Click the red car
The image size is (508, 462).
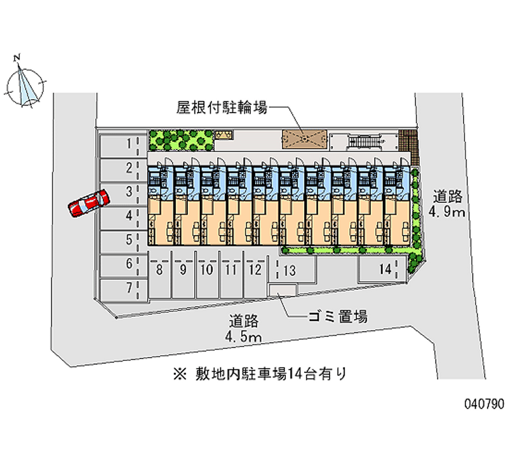[x=88, y=203]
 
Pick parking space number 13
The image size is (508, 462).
[x=291, y=271]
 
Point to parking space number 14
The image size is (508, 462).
[x=381, y=269]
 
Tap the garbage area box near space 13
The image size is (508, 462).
[x=283, y=290]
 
